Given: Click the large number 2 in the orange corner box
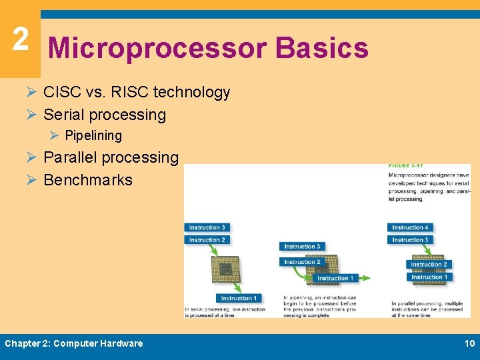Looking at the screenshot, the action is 20,39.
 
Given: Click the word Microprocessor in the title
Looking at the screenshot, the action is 157,49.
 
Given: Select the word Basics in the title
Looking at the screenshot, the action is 321,49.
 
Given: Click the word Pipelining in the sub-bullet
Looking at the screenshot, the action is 93,135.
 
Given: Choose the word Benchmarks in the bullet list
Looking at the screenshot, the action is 88,180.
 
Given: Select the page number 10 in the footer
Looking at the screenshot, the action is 469,343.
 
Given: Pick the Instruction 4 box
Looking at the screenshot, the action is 410,228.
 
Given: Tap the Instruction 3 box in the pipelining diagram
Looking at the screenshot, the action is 302,247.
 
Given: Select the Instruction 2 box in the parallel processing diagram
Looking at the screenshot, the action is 429,265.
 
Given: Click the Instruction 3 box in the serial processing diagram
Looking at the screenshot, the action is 207,228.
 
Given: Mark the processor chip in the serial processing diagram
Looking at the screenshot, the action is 226,271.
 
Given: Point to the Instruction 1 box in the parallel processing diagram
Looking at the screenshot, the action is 429,277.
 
